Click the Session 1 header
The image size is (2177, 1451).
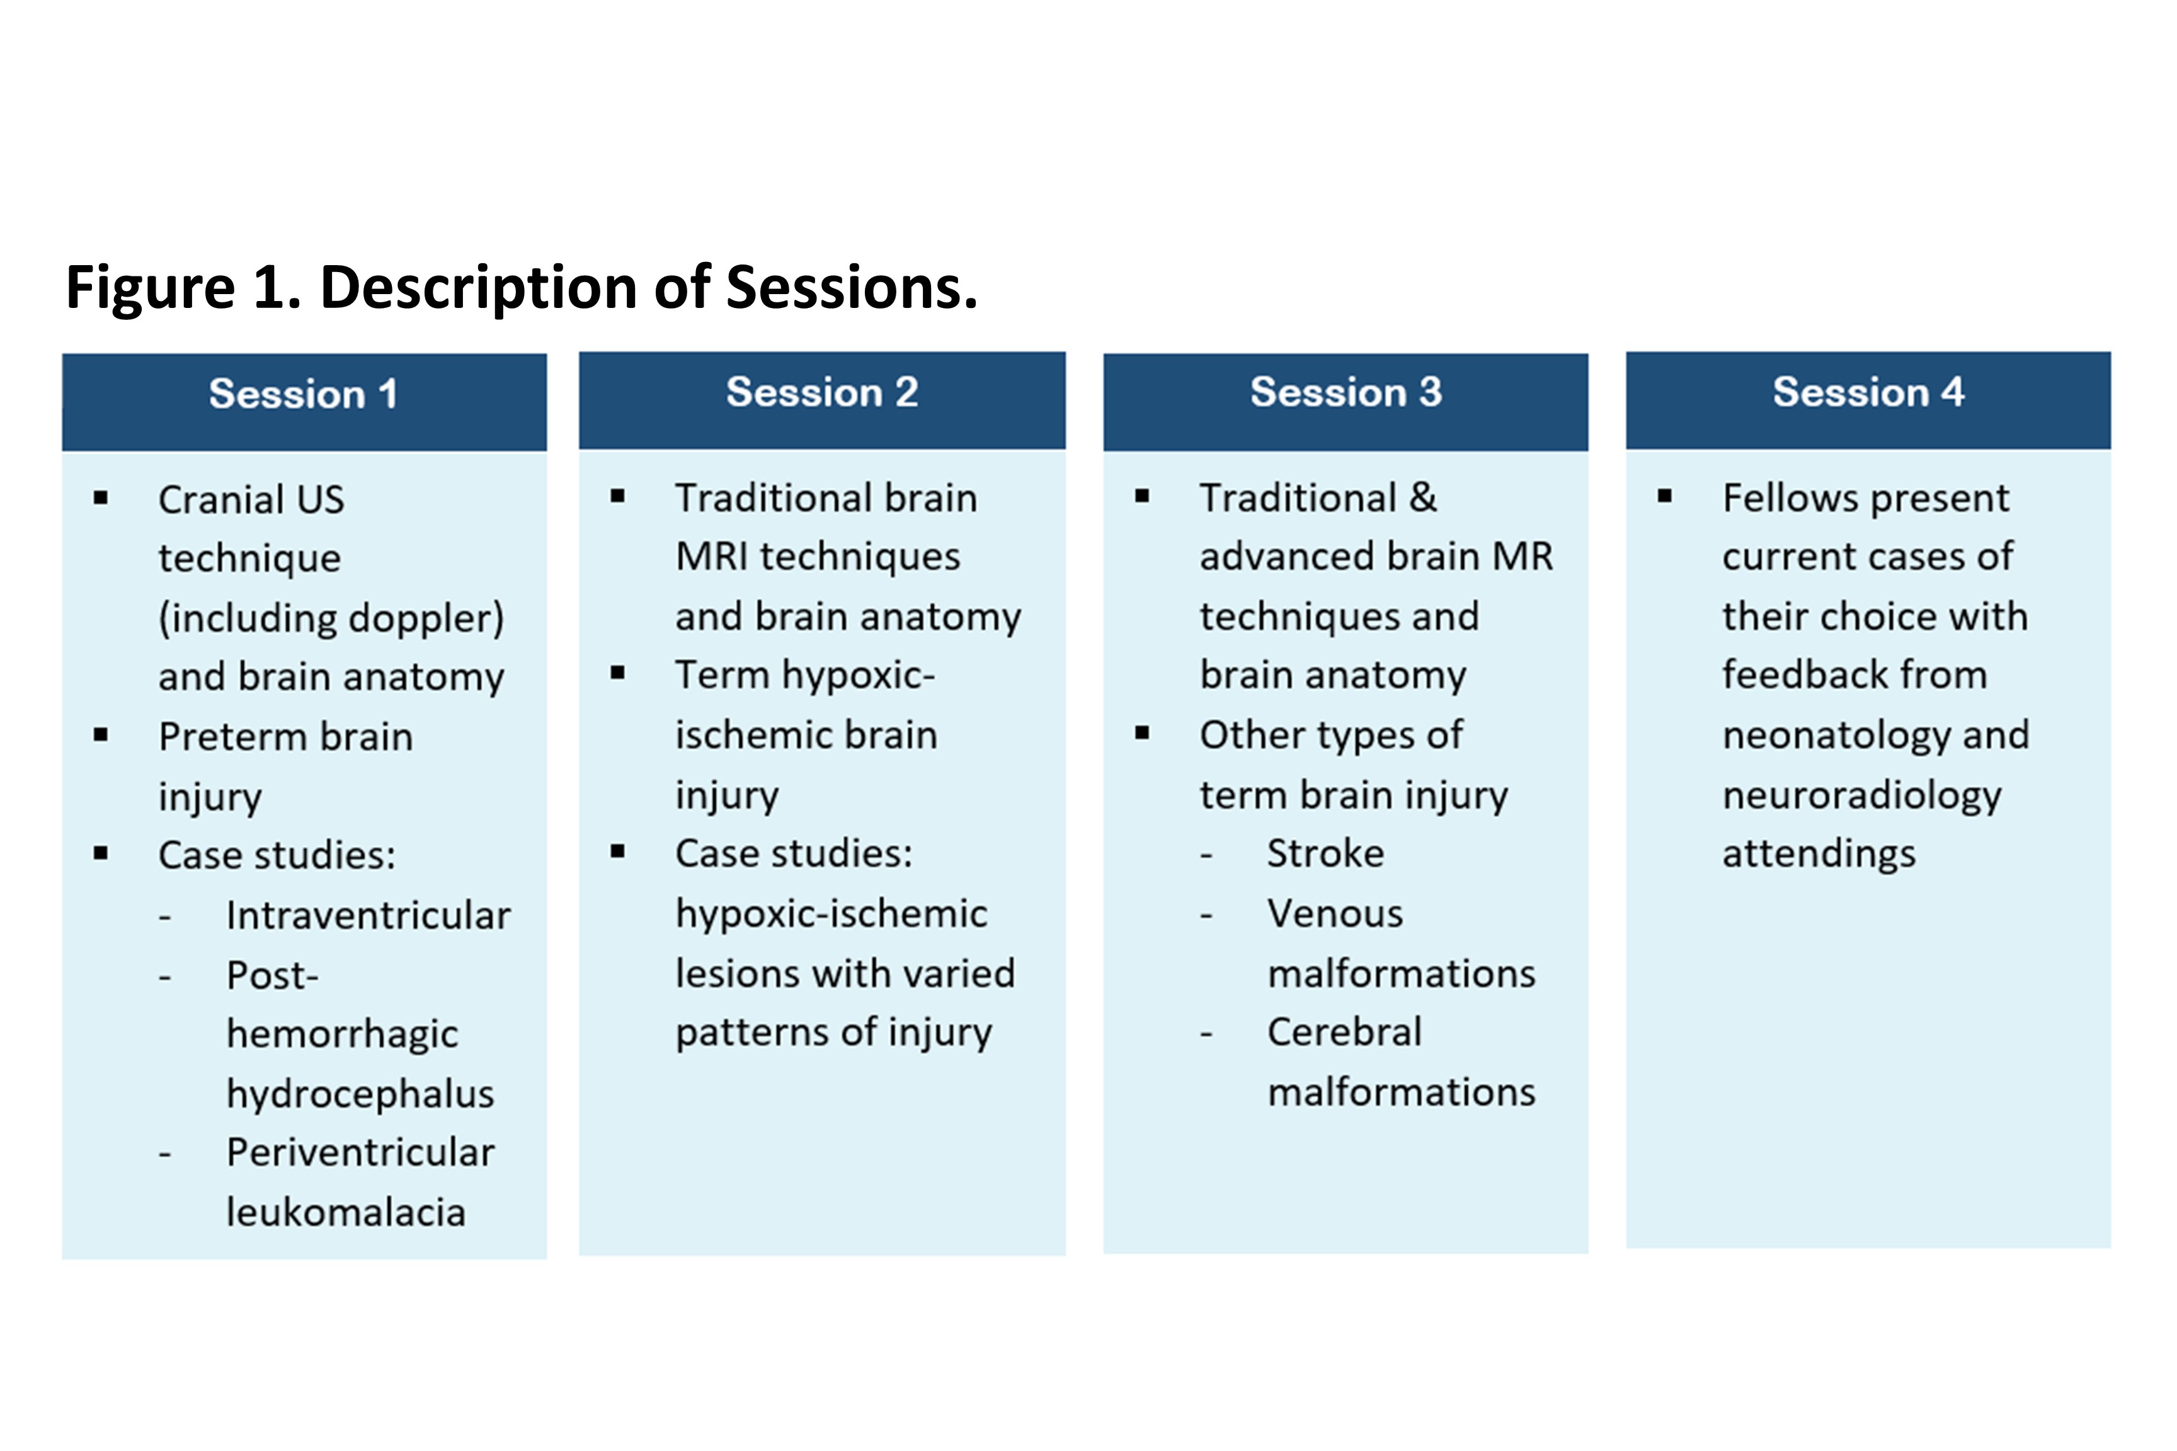click(304, 394)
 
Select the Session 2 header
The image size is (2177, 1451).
click(822, 392)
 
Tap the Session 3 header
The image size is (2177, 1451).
click(1346, 392)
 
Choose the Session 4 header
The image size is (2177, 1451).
click(1868, 392)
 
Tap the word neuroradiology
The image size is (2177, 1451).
click(1861, 796)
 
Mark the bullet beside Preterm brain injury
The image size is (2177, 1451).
click(101, 736)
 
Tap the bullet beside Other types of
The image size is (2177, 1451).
click(1142, 734)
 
